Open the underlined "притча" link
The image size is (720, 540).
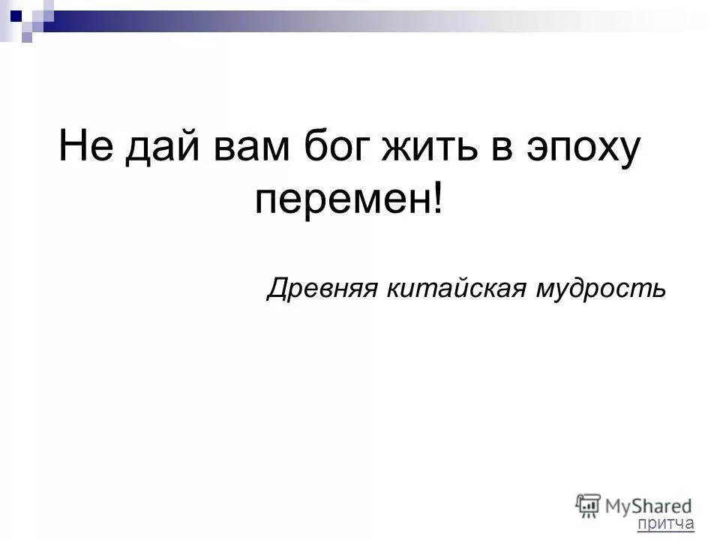[x=666, y=523]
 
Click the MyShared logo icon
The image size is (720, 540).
[x=588, y=505]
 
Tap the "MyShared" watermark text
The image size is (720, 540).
[x=648, y=505]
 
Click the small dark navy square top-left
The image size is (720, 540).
[x=16, y=12]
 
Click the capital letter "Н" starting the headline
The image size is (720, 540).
[x=72, y=145]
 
